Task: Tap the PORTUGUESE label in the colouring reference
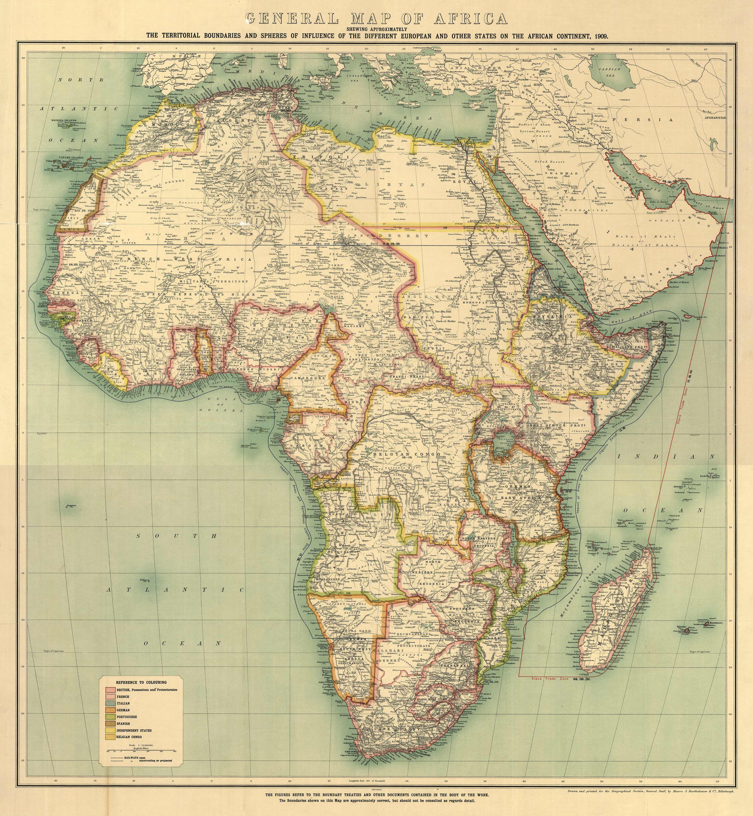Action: point(126,716)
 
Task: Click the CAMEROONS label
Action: point(308,378)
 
